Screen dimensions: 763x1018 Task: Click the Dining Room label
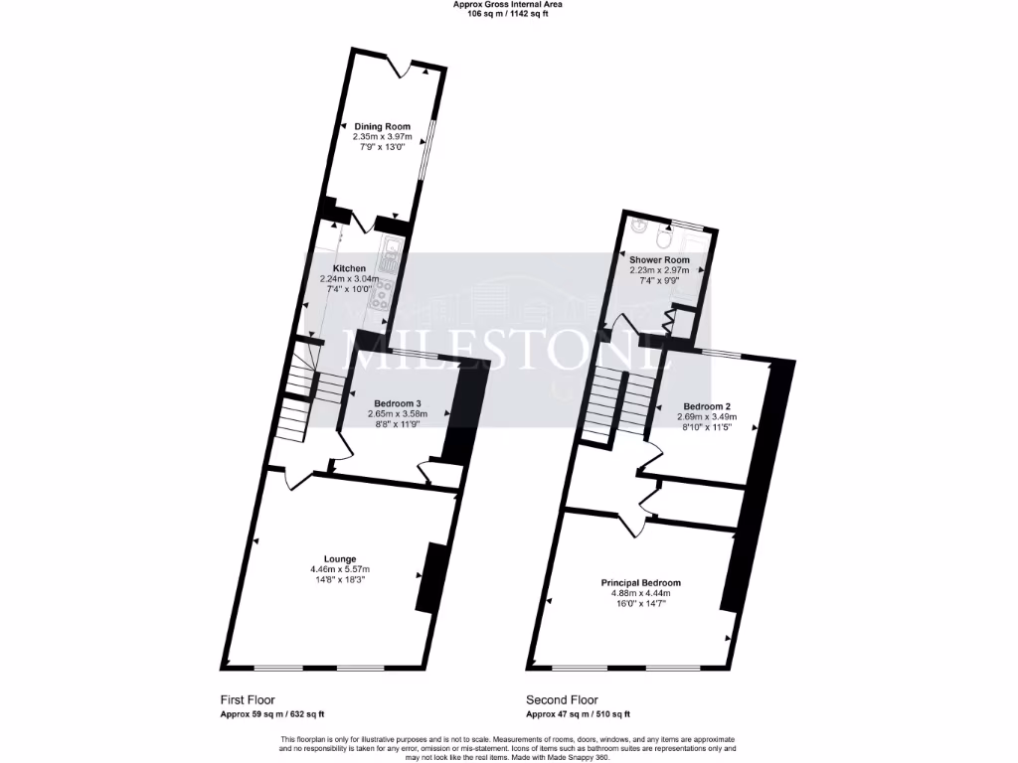pyautogui.click(x=383, y=126)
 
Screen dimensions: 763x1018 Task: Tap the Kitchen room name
pyautogui.click(x=349, y=268)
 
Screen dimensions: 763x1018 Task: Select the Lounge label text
pyautogui.click(x=340, y=558)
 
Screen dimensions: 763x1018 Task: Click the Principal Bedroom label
pyautogui.click(x=640, y=583)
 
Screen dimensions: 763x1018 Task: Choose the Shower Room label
pyautogui.click(x=659, y=260)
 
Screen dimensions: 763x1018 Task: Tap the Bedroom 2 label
pyautogui.click(x=707, y=406)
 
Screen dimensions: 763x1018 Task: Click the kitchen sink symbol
pyautogui.click(x=391, y=255)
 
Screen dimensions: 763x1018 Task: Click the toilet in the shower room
pyautogui.click(x=664, y=236)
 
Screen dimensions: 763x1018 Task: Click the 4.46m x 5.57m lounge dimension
pyautogui.click(x=340, y=569)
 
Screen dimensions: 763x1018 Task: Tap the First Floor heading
pyautogui.click(x=248, y=699)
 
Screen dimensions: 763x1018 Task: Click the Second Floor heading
pyautogui.click(x=563, y=699)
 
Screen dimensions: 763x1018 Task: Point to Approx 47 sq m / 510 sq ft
pyautogui.click(x=578, y=714)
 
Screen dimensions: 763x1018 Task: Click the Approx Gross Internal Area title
pyautogui.click(x=508, y=5)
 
